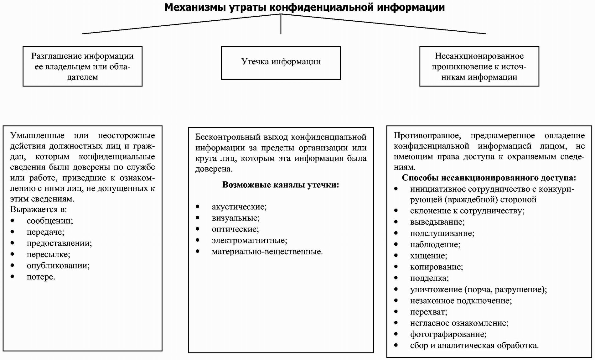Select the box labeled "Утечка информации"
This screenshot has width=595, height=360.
(281, 63)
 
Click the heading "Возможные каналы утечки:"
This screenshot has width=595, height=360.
(281, 185)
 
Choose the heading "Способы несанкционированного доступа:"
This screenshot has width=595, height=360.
(489, 178)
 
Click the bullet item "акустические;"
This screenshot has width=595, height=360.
(239, 207)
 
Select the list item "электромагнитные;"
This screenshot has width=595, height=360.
(249, 240)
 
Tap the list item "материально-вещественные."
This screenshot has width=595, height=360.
(267, 252)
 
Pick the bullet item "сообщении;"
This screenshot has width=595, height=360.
(50, 221)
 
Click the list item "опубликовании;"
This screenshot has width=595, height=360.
(58, 266)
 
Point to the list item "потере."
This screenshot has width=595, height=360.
(41, 277)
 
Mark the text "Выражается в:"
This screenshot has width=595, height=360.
(39, 209)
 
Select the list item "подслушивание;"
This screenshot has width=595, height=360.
(442, 233)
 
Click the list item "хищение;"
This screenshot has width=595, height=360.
(428, 256)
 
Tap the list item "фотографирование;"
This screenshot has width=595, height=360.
(448, 334)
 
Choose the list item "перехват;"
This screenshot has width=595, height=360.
(428, 312)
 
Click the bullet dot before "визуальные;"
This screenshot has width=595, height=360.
(198, 218)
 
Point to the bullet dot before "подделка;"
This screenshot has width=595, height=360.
(396, 278)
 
